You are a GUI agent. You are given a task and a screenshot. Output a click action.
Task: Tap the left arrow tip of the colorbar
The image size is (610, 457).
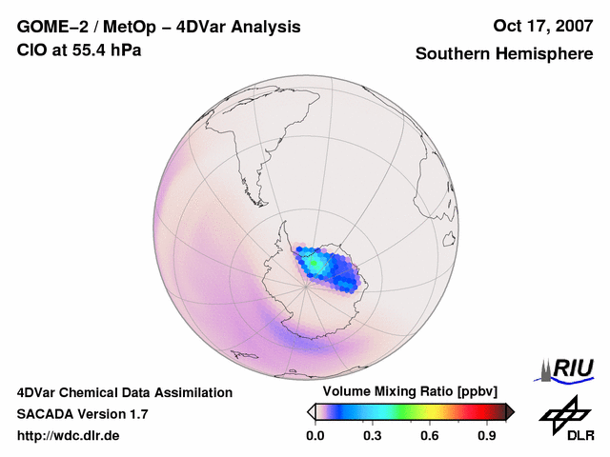[310, 411]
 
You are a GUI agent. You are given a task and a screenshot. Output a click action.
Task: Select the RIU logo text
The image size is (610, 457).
[572, 368]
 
